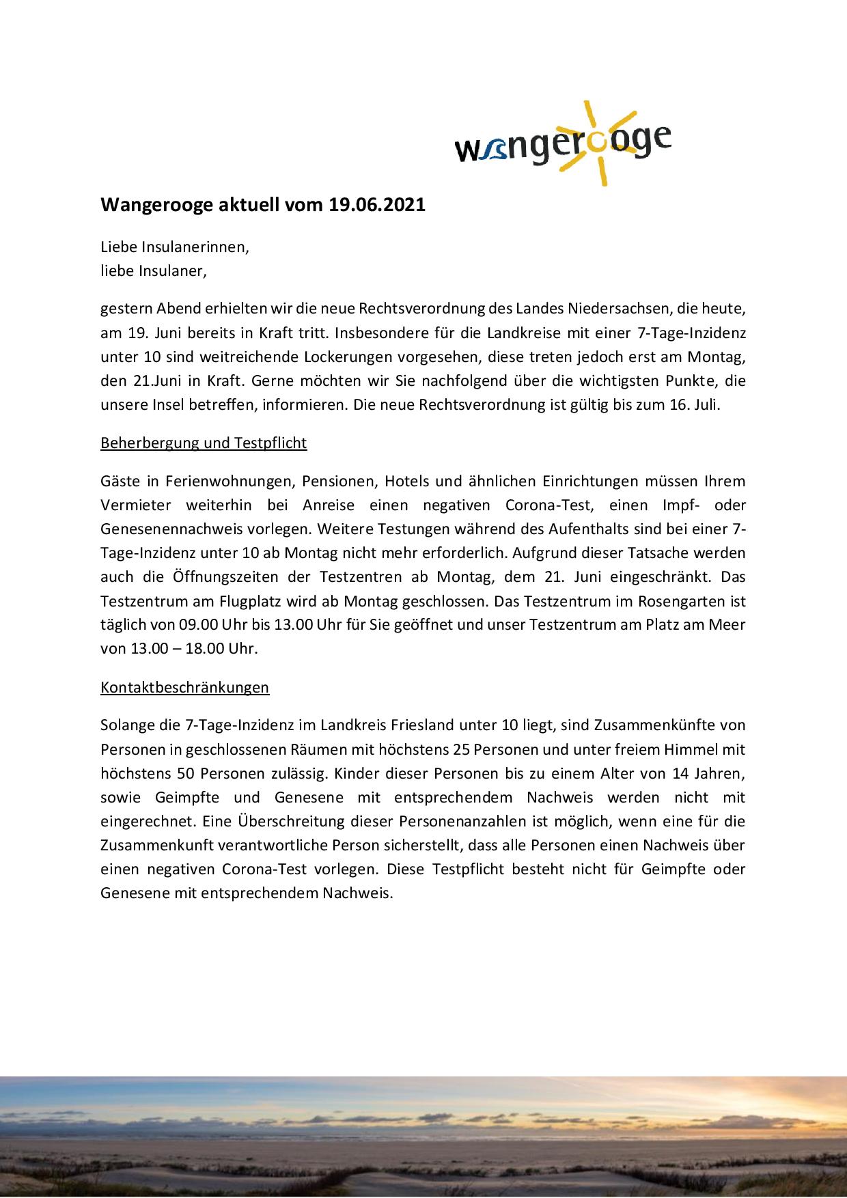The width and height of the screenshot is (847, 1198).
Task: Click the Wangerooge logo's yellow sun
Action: [594, 141]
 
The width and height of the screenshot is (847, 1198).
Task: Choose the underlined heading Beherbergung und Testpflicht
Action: [204, 443]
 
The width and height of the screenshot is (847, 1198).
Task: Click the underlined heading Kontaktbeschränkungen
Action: [184, 687]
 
